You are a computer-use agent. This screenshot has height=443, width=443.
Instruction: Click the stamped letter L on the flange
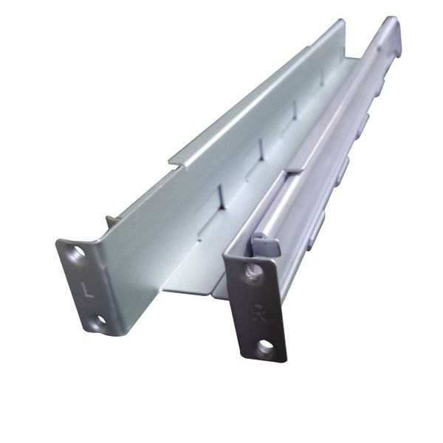89,289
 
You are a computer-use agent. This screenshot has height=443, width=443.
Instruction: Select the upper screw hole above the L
78,252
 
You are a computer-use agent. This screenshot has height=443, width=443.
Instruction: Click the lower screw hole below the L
101,320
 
